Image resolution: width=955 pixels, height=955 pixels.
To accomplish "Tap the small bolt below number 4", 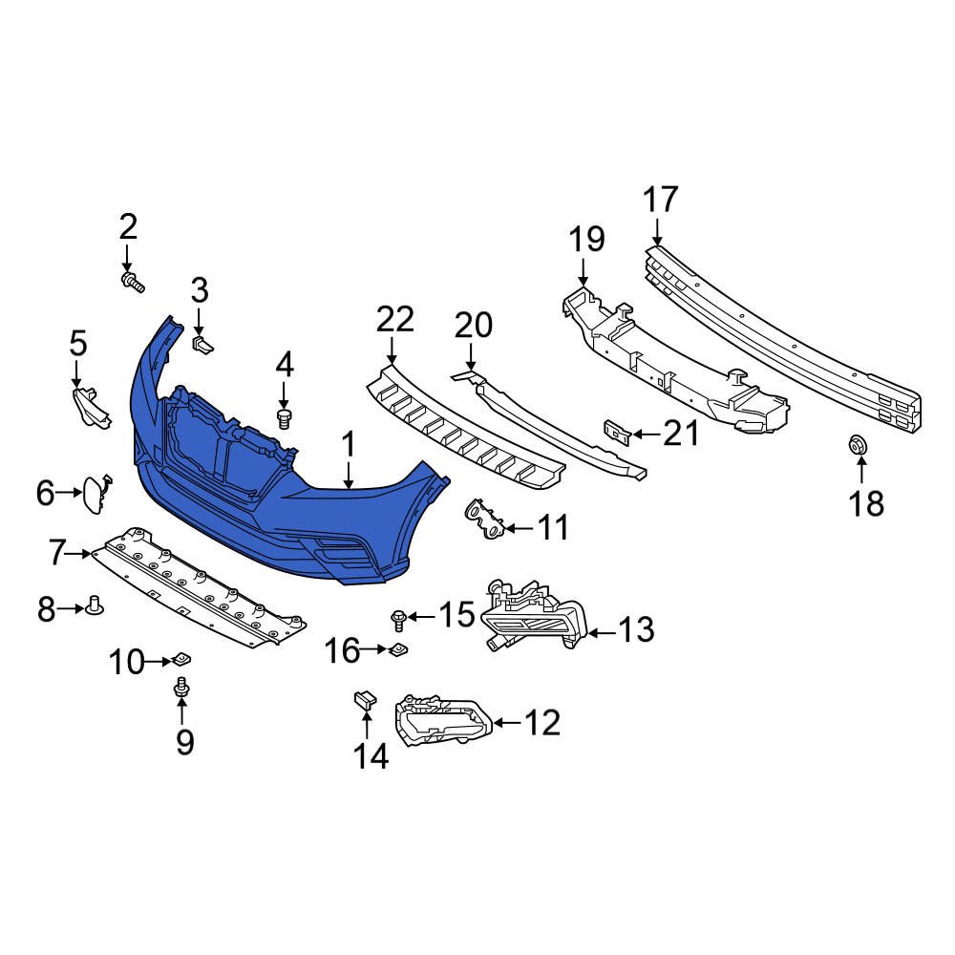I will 284,417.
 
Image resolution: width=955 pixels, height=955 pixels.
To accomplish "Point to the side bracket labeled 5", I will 91,405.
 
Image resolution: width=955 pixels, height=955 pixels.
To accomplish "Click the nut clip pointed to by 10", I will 180,659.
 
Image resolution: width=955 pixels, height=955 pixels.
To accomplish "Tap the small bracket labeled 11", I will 485,519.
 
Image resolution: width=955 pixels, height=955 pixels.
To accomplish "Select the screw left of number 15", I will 398,620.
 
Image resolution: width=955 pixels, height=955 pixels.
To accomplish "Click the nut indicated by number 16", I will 398,650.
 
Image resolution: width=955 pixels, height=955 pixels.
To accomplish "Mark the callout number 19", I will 587,239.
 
